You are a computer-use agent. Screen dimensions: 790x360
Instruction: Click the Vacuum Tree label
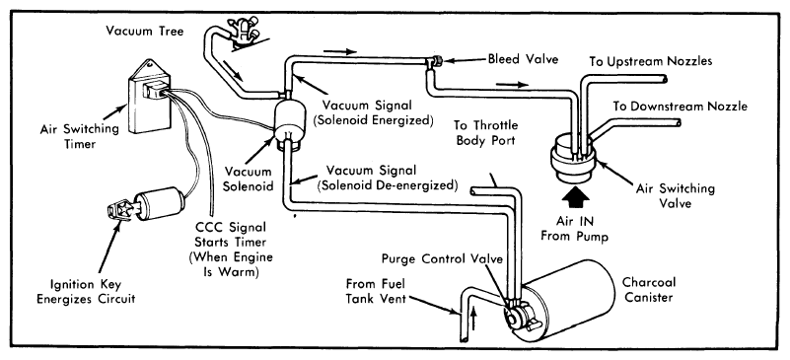(145, 31)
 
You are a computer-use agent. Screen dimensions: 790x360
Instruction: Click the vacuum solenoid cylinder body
(289, 123)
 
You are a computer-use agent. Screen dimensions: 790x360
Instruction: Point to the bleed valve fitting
(434, 61)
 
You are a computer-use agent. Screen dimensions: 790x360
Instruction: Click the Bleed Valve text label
(523, 59)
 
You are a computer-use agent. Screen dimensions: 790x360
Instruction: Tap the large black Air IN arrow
(575, 199)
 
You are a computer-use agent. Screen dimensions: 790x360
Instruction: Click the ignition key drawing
(118, 209)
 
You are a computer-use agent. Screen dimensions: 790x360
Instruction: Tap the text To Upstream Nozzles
(650, 61)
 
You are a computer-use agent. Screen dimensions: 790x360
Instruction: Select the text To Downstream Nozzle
(681, 107)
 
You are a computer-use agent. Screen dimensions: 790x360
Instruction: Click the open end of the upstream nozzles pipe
(666, 79)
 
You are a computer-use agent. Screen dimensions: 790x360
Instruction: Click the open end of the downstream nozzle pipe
(679, 122)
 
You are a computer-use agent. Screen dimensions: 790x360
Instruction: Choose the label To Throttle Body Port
(485, 132)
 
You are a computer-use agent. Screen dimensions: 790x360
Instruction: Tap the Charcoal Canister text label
(649, 290)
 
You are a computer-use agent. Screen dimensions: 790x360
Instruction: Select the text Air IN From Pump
(575, 228)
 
